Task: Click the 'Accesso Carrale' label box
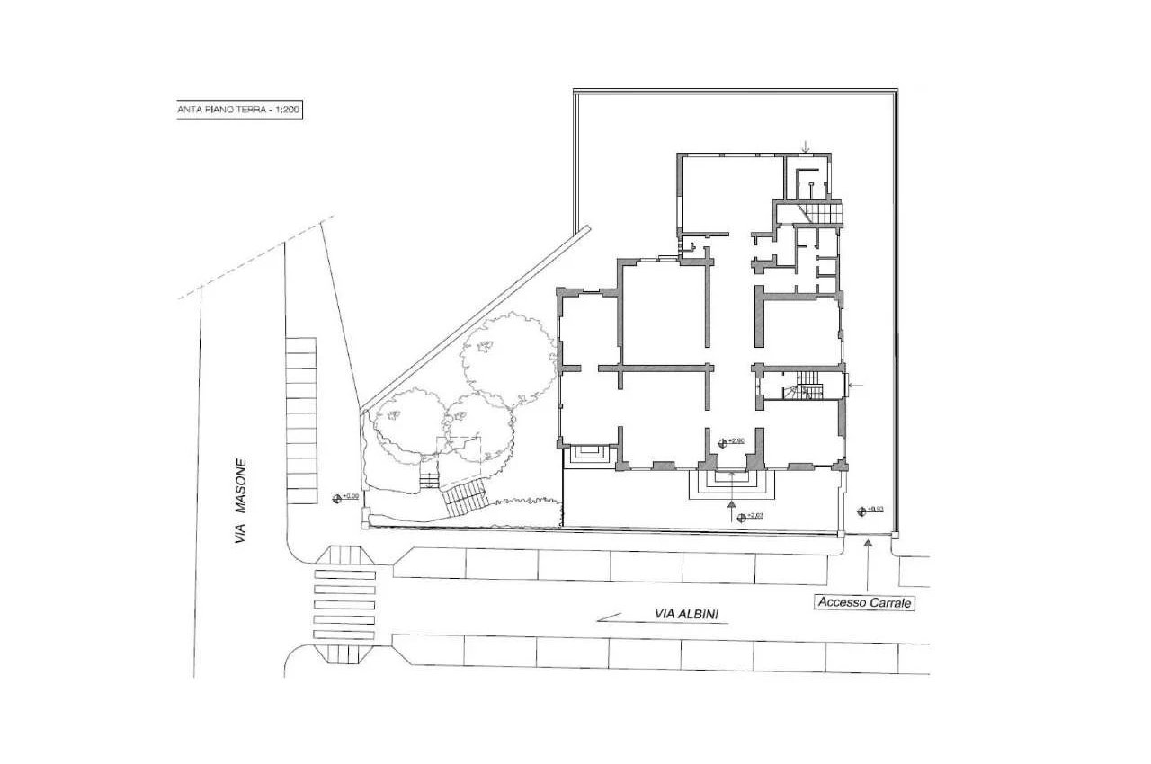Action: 864,603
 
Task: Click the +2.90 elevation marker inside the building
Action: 733,441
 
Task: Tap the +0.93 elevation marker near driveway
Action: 871,510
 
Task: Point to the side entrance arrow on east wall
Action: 856,386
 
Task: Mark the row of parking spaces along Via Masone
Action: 301,421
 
